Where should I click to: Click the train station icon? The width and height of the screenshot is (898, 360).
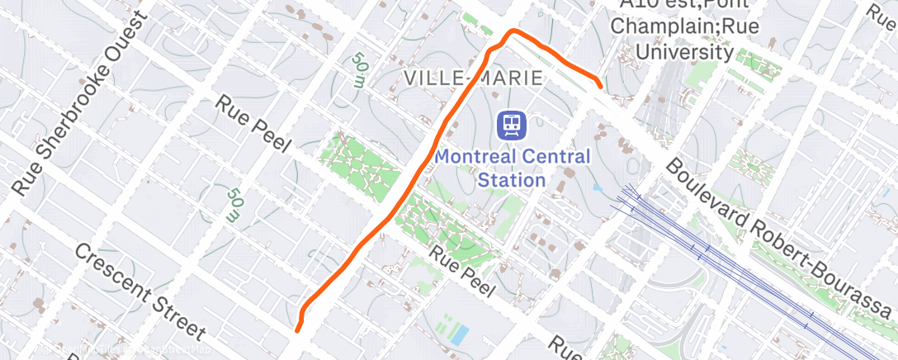click(x=513, y=126)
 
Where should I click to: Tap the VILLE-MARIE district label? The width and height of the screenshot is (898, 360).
click(x=474, y=78)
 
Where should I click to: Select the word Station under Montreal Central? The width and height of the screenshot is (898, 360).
click(x=513, y=180)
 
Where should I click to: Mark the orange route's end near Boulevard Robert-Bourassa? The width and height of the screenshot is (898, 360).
click(x=599, y=85)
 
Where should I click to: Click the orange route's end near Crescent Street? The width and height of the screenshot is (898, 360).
click(x=296, y=330)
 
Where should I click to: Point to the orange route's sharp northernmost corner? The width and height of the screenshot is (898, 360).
click(x=513, y=31)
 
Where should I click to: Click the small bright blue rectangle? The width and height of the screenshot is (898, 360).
click(x=460, y=334)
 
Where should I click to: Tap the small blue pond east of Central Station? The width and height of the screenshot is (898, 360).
click(x=597, y=187)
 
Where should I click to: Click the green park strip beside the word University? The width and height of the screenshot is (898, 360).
click(x=759, y=64)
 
